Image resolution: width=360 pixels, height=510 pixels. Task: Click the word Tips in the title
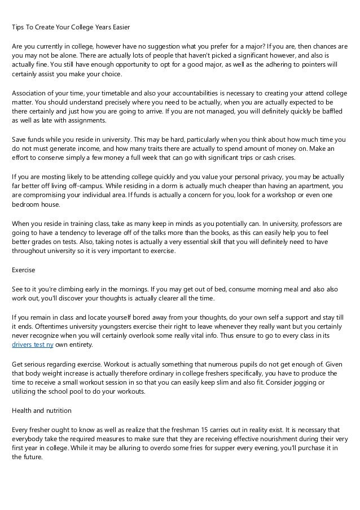tap(19, 28)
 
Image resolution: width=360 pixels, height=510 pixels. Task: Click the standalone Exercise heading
tap(24, 271)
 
